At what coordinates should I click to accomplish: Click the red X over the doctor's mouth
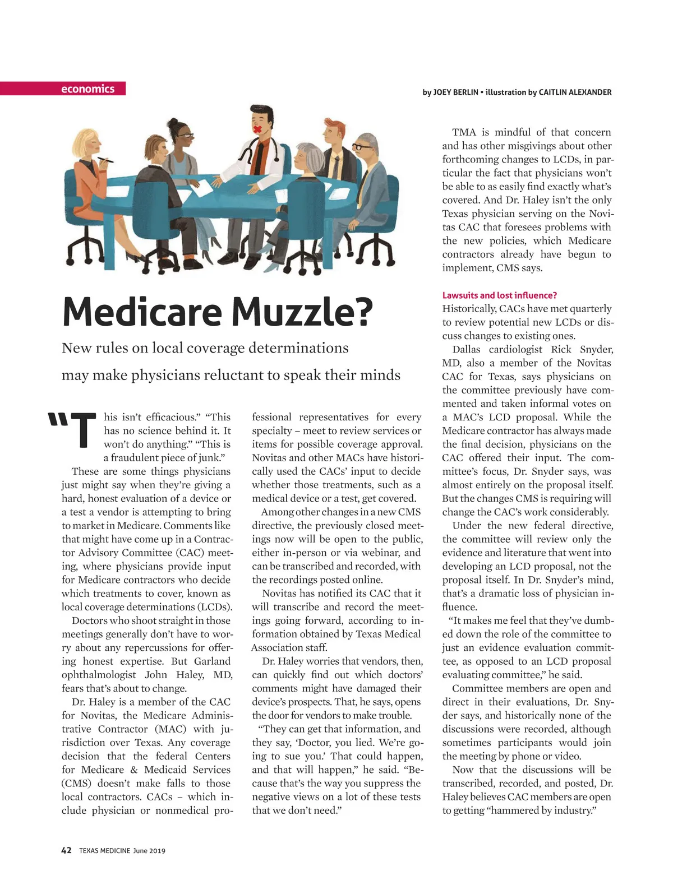coord(258,129)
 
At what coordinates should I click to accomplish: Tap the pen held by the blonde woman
coord(105,160)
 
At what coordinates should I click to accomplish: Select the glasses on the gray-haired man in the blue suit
coord(361,147)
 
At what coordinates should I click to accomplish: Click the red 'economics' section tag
coord(88,89)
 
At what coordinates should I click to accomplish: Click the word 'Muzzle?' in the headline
coord(302,312)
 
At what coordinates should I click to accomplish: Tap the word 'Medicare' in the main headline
coord(141,312)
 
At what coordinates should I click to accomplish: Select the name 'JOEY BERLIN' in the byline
coord(455,92)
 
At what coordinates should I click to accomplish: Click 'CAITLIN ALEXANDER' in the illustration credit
coord(575,92)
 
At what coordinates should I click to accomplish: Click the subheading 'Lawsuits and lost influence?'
coord(499,295)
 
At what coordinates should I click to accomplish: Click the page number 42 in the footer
coord(66,850)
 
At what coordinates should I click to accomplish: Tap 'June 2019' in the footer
coord(149,851)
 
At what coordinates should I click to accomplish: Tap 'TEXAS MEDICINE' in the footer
coord(104,851)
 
